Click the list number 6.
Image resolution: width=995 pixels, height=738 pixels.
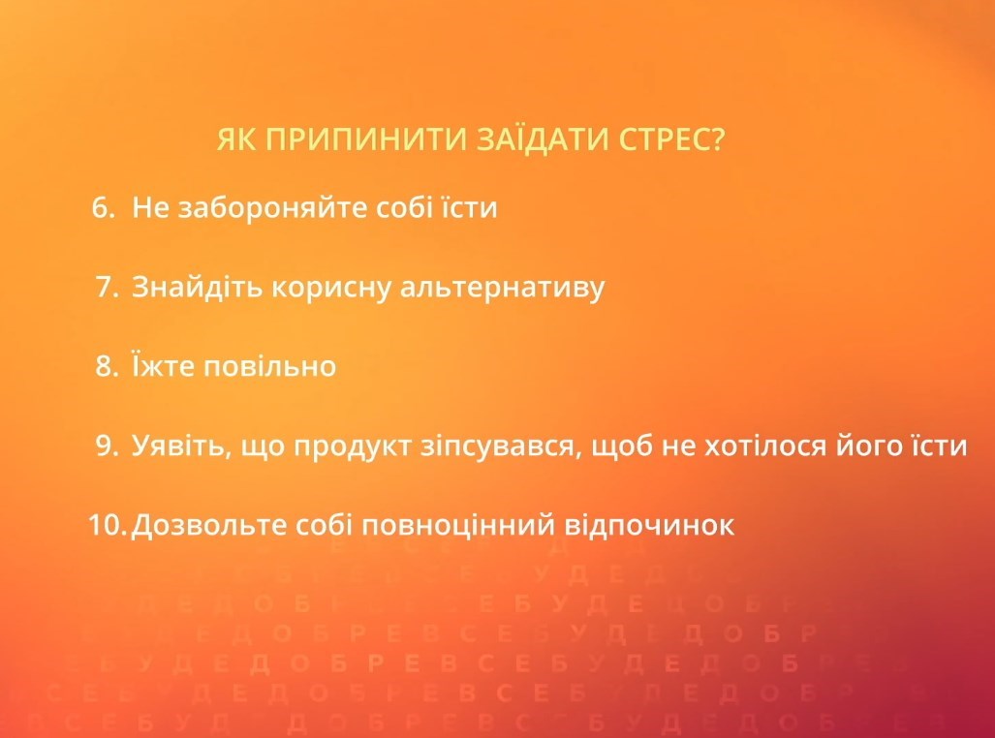coord(102,207)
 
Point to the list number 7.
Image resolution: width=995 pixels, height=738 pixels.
coord(107,288)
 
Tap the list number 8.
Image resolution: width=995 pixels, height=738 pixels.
coord(107,367)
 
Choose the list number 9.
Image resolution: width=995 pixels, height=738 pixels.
coord(107,446)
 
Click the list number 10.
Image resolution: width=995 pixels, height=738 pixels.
coord(107,526)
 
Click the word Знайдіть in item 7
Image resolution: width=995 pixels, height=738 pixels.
coord(185,288)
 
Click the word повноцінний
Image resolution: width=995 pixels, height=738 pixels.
coord(458,526)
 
